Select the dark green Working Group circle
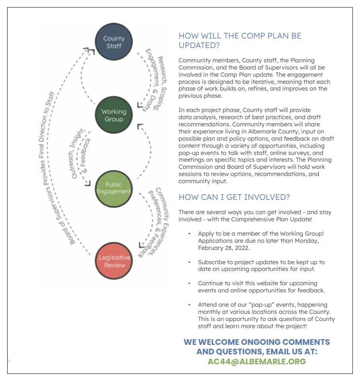(x=114, y=115)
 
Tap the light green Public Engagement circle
(x=114, y=188)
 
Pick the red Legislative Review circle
(x=114, y=261)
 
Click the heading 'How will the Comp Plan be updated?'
(x=240, y=40)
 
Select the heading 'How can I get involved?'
(x=234, y=197)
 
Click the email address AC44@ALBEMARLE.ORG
(x=257, y=362)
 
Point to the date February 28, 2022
(x=224, y=248)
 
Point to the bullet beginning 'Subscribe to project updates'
(x=261, y=266)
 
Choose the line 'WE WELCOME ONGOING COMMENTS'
(x=257, y=342)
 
